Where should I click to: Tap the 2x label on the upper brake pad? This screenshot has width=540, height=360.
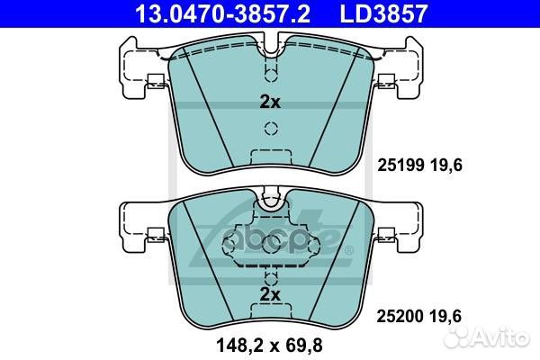(x=269, y=103)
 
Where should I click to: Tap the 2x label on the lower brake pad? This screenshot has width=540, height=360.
(x=269, y=293)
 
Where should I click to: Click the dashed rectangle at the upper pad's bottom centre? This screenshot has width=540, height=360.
(x=269, y=153)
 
